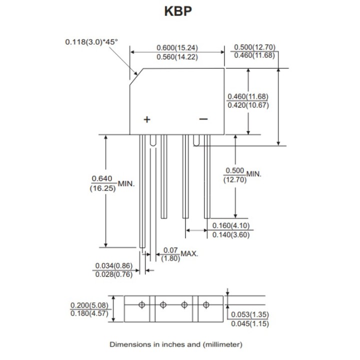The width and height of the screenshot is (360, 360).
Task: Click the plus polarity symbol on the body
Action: (147, 119)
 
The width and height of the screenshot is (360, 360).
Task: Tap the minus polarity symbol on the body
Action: (203, 119)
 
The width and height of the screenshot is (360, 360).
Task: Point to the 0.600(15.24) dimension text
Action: (177, 48)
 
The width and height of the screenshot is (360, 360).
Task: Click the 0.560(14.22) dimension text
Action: (177, 57)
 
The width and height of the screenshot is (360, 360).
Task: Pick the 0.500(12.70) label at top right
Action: (254, 47)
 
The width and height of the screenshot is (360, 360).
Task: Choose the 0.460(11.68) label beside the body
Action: (248, 96)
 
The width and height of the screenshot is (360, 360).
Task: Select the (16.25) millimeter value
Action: (103, 189)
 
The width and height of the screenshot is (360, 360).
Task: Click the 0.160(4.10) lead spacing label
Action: (230, 225)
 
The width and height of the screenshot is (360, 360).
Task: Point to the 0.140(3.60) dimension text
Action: (230, 234)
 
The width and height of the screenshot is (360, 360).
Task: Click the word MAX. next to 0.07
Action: (189, 253)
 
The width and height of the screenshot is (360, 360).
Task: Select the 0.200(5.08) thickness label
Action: (88, 304)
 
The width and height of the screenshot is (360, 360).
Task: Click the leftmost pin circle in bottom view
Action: (142, 303)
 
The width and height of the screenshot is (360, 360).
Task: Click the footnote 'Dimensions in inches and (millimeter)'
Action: (176, 344)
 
